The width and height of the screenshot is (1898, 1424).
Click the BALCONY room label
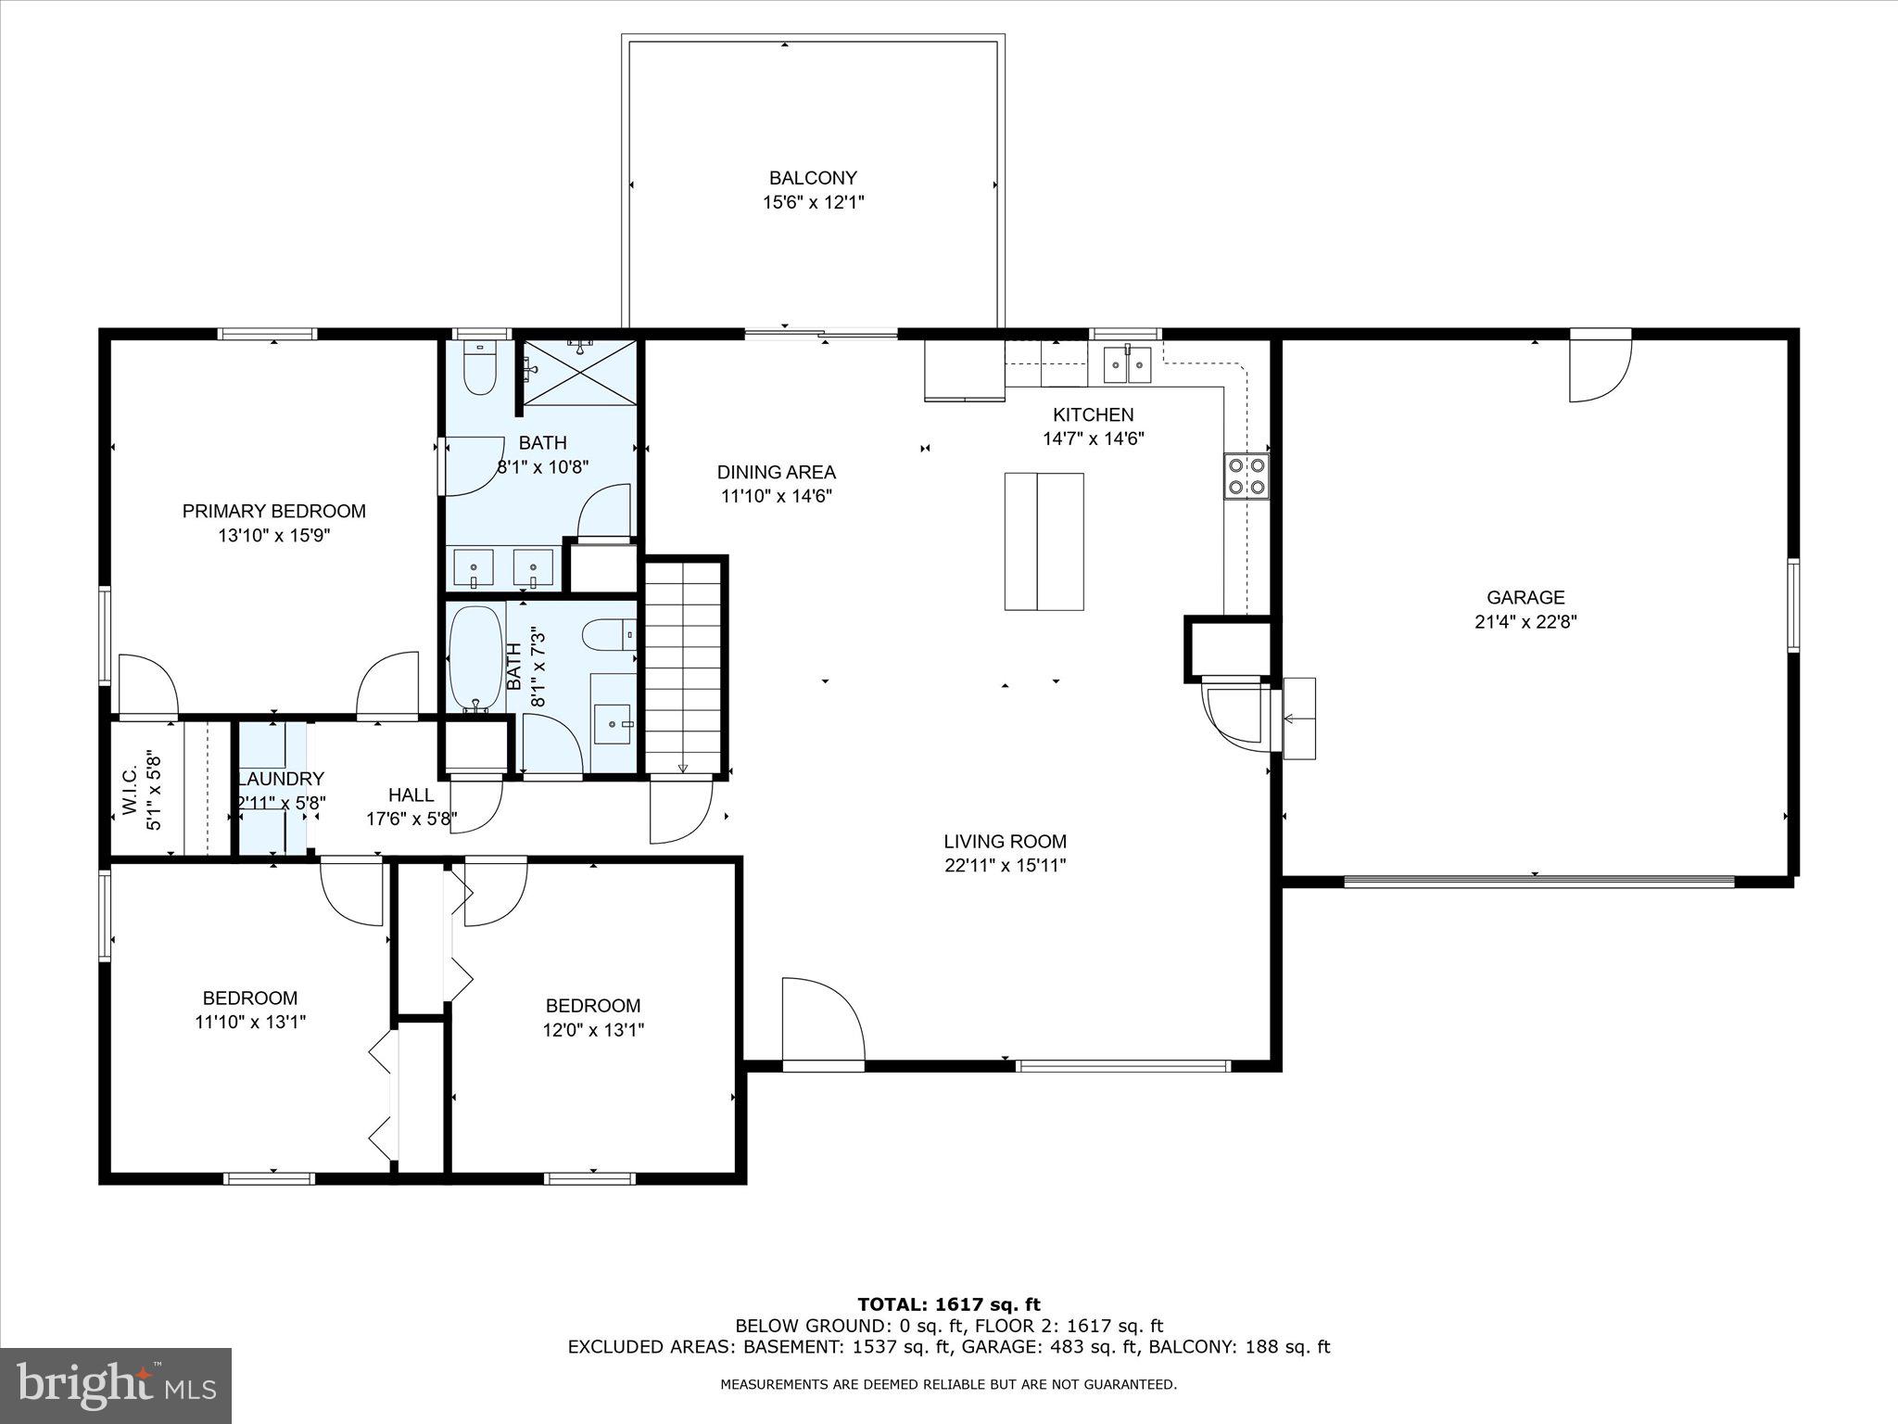click(x=813, y=178)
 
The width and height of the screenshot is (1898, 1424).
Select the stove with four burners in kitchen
click(x=1246, y=477)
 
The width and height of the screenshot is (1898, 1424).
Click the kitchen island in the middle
click(x=1044, y=541)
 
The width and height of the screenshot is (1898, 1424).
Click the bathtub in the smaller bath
click(x=476, y=659)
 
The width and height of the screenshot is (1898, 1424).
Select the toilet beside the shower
click(x=480, y=369)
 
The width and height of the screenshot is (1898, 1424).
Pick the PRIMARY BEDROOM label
click(x=273, y=511)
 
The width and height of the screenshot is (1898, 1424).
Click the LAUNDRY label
click(x=281, y=780)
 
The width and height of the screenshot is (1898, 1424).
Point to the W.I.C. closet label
click(x=130, y=791)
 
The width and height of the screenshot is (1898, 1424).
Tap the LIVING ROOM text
click(x=1005, y=842)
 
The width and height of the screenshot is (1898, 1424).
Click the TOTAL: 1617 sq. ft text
click(x=949, y=1305)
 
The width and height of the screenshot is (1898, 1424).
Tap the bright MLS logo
click(x=115, y=1386)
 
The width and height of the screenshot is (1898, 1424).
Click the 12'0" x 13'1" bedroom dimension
click(x=593, y=1030)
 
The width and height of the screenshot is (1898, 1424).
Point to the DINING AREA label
click(x=776, y=472)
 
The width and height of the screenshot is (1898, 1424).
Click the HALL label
click(x=411, y=795)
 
